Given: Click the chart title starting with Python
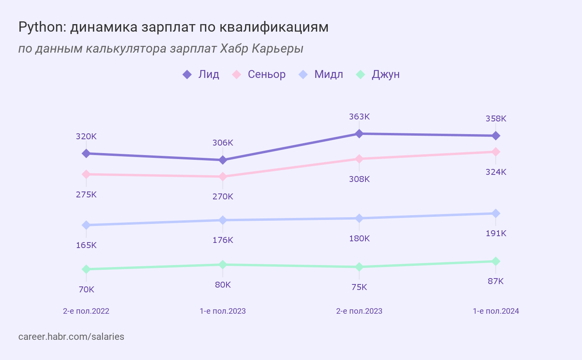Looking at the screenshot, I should tap(173, 27).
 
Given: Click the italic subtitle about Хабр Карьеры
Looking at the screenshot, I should tap(161, 48).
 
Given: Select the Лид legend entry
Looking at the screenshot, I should tap(201, 74).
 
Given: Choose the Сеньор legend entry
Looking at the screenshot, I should tap(259, 74).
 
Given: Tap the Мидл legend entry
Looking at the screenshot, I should tap(321, 74).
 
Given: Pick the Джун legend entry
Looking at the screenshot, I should tap(378, 74).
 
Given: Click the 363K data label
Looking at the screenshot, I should tap(359, 117).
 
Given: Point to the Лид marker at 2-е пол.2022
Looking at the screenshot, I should tap(86, 153).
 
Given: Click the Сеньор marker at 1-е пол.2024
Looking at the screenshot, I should tap(496, 152).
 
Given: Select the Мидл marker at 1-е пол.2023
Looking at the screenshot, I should tap(223, 220).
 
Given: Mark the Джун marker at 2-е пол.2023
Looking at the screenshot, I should tap(359, 267).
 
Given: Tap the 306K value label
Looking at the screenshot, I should tap(223, 143).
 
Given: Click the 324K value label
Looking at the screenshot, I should tap(496, 172).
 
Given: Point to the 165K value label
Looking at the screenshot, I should tap(86, 245).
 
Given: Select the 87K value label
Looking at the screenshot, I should tap(496, 281).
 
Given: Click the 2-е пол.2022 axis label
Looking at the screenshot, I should tap(86, 311).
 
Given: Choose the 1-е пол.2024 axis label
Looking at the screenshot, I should tap(496, 311).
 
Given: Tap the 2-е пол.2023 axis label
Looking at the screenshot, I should tap(359, 311).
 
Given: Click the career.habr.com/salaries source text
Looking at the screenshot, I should tap(71, 337).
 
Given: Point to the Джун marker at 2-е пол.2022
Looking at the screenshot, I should tap(86, 269).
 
